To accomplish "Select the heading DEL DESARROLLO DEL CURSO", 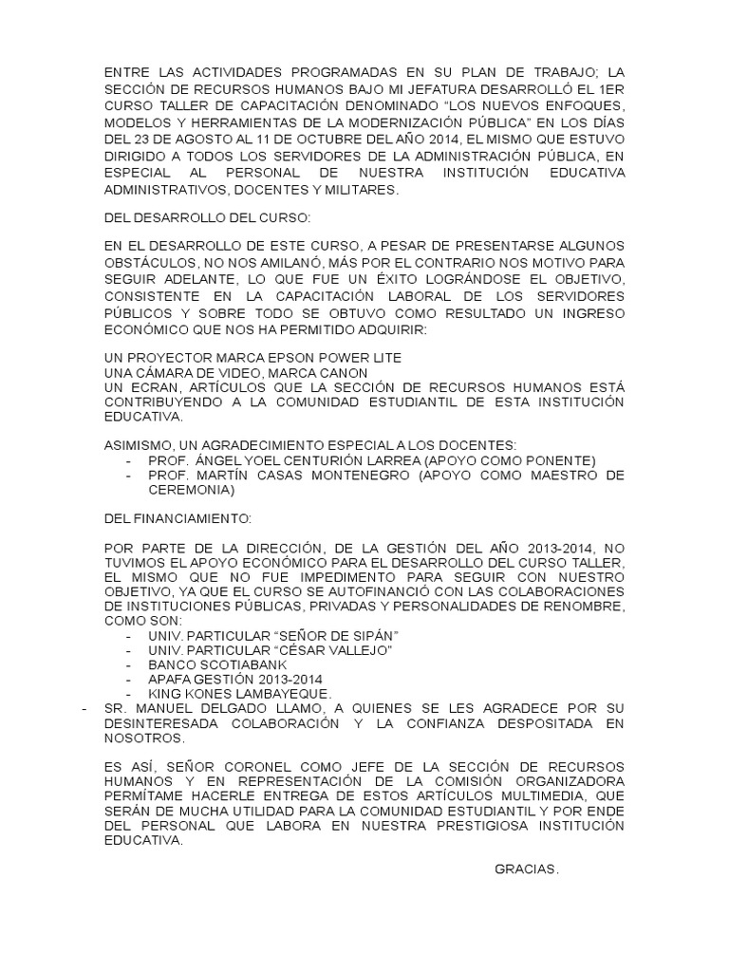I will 199,218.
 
